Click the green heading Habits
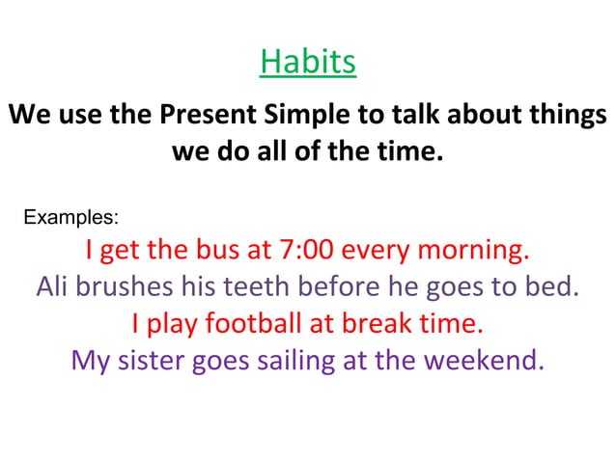click(308, 63)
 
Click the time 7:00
click(305, 251)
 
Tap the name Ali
click(52, 287)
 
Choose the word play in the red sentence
click(172, 323)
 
